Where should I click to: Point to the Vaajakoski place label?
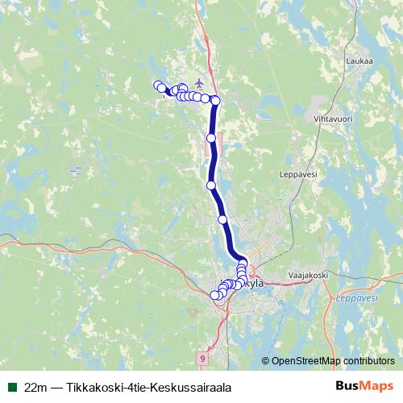pyautogui.click(x=305, y=276)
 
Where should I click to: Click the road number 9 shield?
pyautogui.click(x=201, y=357)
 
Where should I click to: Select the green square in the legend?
pyautogui.click(x=11, y=387)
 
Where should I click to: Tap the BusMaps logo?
pyautogui.click(x=364, y=387)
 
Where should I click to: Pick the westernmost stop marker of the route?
pyautogui.click(x=158, y=85)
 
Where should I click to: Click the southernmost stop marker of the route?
pyautogui.click(x=214, y=296)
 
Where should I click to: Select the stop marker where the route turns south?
pyautogui.click(x=215, y=100)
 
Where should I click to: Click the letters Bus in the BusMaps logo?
pyautogui.click(x=347, y=387)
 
